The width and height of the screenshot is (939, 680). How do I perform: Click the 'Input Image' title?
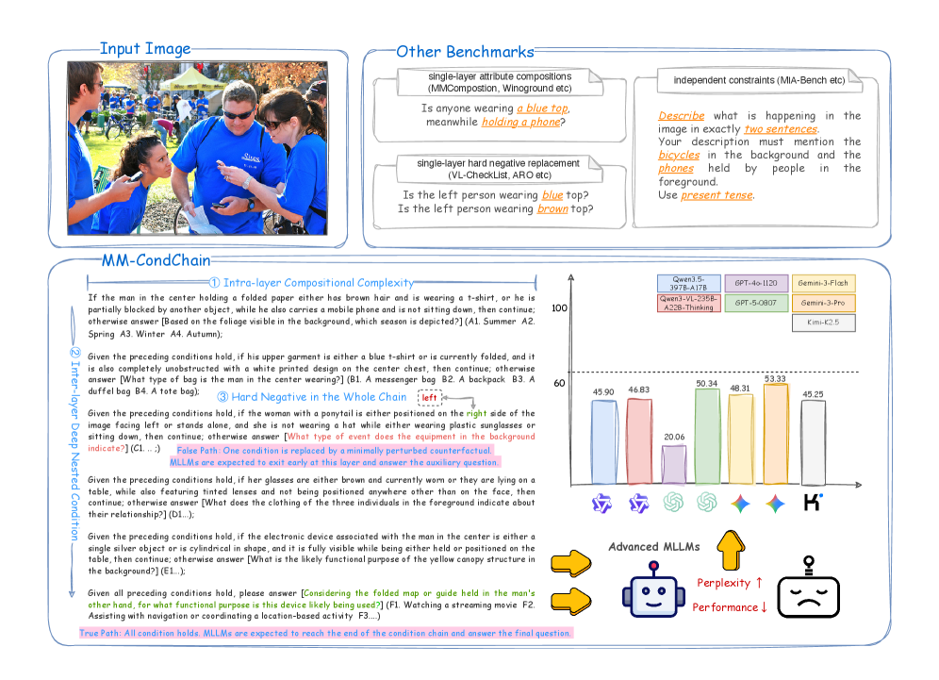click(x=145, y=49)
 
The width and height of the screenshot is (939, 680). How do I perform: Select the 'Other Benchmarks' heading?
click(x=464, y=52)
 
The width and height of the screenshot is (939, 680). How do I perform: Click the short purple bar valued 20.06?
click(x=673, y=463)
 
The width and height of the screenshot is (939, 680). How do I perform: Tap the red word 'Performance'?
click(x=725, y=606)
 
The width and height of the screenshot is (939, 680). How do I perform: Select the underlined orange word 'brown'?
click(x=552, y=208)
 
